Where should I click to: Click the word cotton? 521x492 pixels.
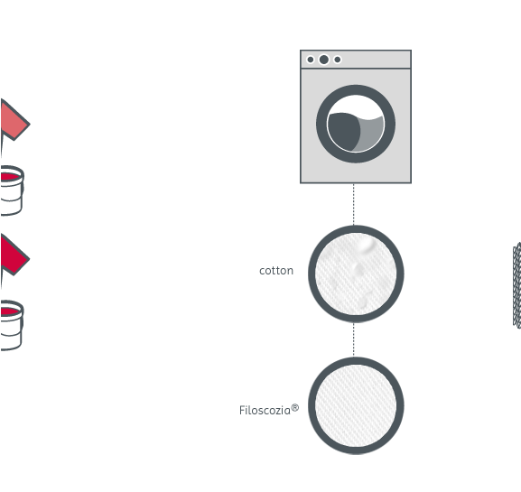coord(276,271)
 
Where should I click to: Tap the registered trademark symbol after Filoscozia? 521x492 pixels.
coord(295,408)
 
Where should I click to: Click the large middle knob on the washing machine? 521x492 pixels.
coord(324,60)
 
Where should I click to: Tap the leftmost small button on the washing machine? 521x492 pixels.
coord(311,60)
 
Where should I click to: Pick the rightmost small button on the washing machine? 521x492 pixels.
coord(338,60)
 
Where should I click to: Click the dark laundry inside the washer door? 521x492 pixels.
coord(343,131)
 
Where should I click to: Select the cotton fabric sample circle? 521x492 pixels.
coord(356,274)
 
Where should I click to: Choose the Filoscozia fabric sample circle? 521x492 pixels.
coord(356,405)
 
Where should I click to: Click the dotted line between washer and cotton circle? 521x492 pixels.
coord(354,204)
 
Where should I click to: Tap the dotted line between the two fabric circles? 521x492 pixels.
coord(354,339)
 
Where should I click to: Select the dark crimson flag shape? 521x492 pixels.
coord(13,255)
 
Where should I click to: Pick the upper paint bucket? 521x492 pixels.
coord(12,190)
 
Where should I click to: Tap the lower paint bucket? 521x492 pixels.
coord(12,325)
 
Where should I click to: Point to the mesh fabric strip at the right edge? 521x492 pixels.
coord(517,285)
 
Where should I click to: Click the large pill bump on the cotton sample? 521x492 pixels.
coord(367,245)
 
